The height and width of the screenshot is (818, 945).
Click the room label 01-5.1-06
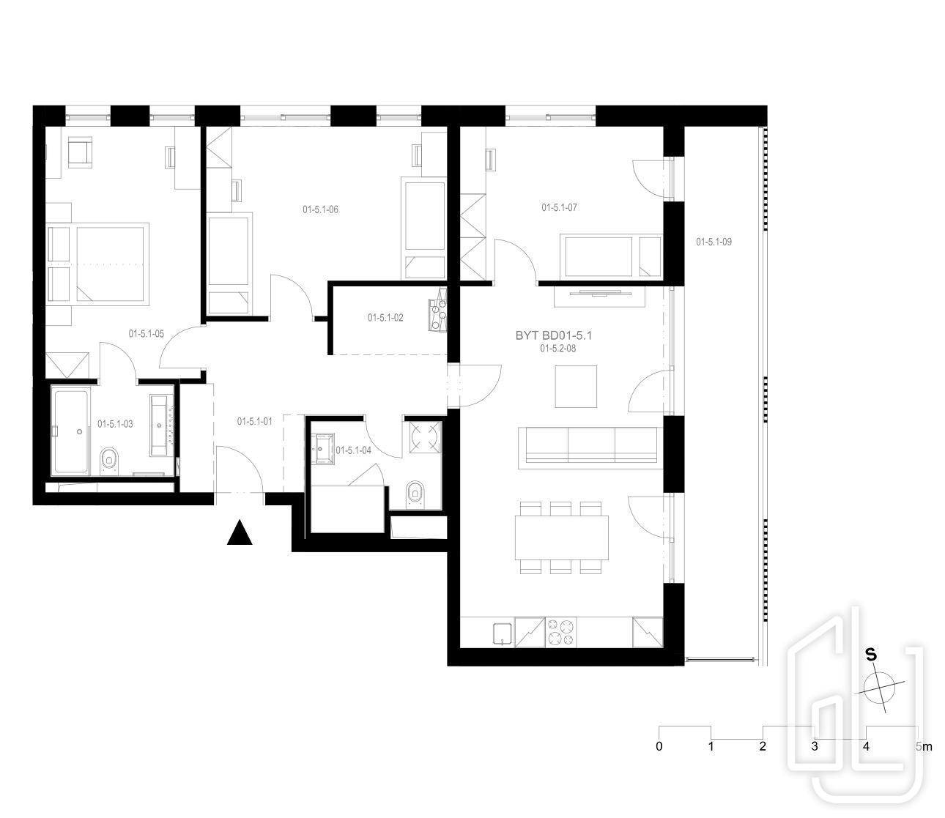click(320, 209)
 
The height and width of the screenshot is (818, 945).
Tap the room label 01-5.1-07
click(559, 207)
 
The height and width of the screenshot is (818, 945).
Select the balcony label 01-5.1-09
click(714, 242)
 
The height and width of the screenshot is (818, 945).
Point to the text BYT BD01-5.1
click(554, 335)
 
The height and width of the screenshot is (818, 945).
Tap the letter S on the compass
click(872, 655)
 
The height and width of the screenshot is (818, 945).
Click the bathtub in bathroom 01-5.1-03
click(71, 431)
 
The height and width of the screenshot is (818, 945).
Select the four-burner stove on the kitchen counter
click(561, 632)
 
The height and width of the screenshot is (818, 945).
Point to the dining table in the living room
click(561, 537)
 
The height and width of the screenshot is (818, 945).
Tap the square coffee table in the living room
click(576, 386)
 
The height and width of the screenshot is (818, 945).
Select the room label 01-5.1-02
click(385, 318)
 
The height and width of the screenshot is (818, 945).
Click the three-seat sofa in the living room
click(590, 448)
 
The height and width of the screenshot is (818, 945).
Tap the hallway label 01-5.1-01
click(255, 421)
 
